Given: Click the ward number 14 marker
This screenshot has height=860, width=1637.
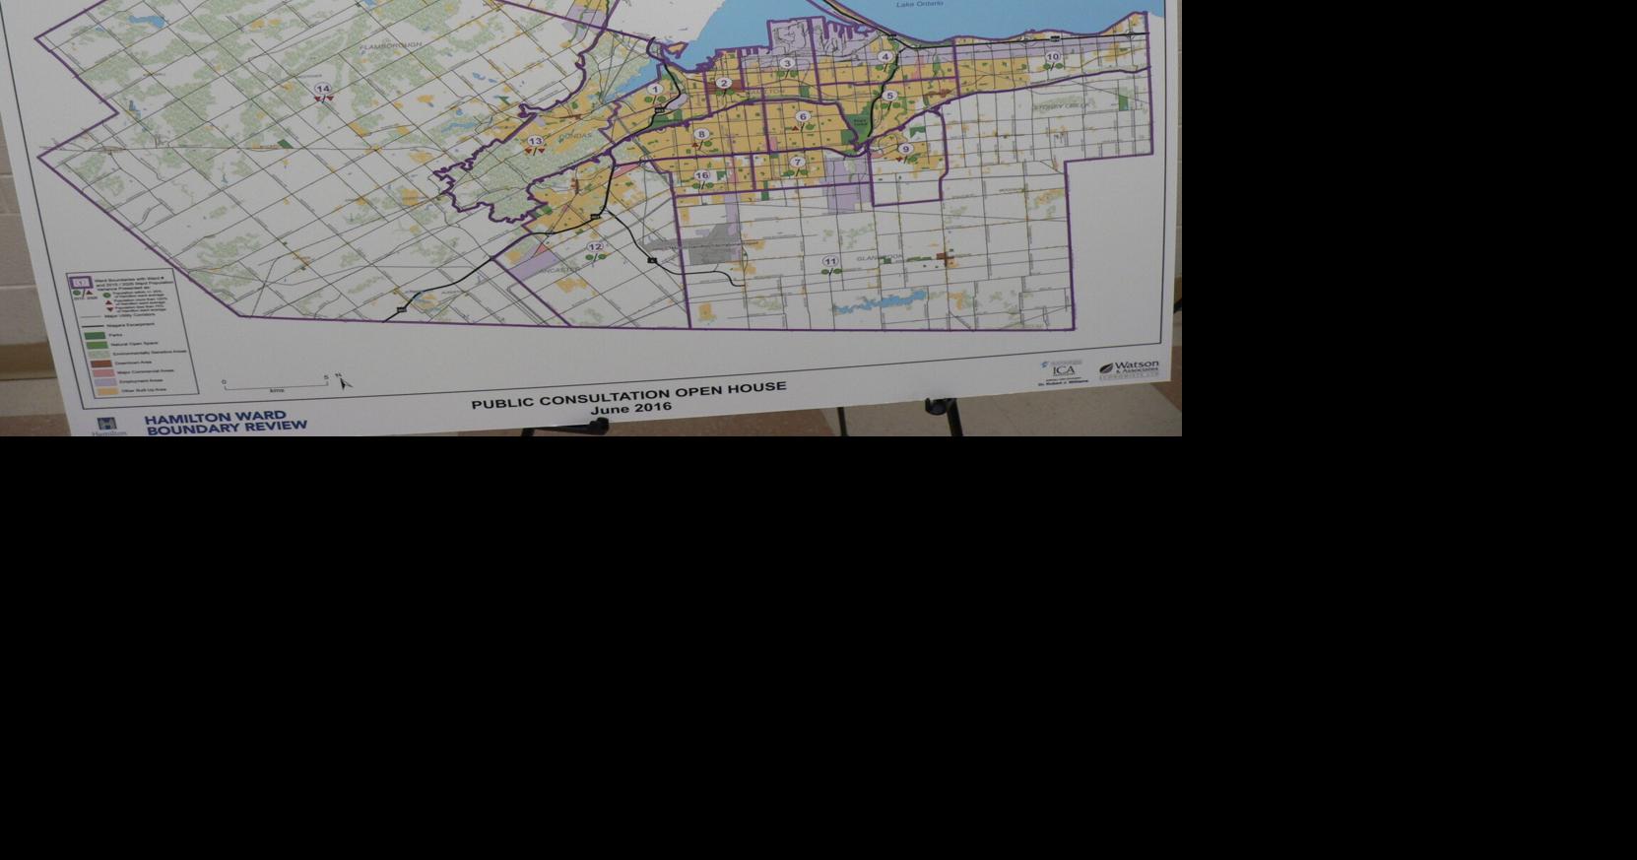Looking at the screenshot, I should [x=322, y=89].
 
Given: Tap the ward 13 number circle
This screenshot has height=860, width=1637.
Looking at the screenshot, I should [x=535, y=141].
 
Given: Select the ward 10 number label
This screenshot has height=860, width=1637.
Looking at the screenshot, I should [x=1053, y=57].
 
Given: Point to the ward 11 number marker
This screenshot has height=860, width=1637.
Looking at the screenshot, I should [x=830, y=261].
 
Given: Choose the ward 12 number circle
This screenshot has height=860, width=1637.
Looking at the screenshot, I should [x=595, y=247].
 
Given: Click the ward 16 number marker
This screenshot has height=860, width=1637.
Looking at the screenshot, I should [x=701, y=175].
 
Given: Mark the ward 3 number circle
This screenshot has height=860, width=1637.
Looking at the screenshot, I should [x=786, y=63].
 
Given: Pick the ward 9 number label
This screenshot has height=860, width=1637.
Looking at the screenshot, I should [x=905, y=149].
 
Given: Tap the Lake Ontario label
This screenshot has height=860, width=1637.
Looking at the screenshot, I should [x=919, y=4].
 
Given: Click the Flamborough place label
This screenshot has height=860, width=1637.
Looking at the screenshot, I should [x=390, y=45].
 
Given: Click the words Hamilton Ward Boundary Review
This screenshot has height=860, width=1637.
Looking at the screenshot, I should [x=226, y=423].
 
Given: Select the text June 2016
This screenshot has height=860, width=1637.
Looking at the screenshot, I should [x=630, y=407].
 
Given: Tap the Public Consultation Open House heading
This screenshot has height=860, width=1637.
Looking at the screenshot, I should [x=628, y=394].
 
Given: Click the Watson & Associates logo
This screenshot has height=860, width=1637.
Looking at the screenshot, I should [x=1129, y=369].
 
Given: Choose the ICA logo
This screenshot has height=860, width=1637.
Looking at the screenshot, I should [x=1063, y=370].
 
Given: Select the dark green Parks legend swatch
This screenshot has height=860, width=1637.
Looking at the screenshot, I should [x=95, y=335].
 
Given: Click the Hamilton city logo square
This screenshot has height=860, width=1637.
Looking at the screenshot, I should [x=107, y=424].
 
